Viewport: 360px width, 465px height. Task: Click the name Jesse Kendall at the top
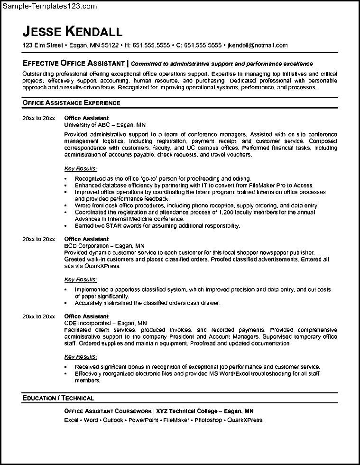[72, 31]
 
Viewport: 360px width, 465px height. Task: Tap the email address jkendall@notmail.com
[258, 46]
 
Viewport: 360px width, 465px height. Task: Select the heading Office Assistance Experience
[71, 102]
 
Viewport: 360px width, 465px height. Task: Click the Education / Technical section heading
[58, 398]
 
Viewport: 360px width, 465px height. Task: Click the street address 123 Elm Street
[43, 46]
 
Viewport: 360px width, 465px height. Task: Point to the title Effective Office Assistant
[74, 63]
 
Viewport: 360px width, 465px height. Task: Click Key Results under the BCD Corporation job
[81, 279]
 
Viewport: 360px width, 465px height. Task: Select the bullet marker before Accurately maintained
[65, 303]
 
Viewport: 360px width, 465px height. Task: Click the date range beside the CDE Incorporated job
[39, 316]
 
